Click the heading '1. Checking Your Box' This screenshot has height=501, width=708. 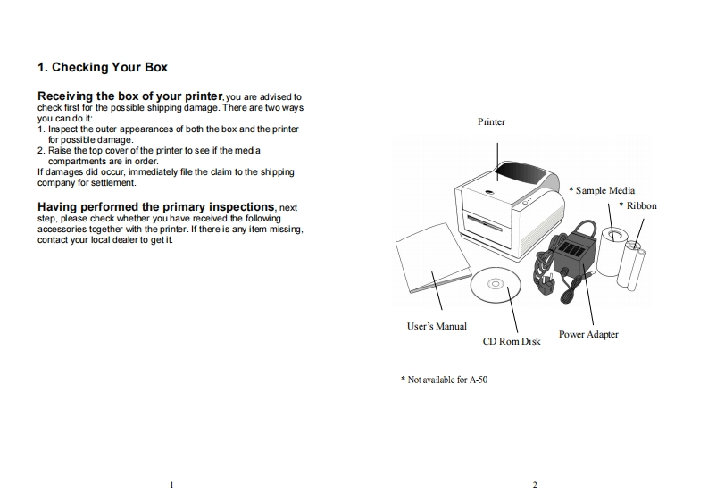103,67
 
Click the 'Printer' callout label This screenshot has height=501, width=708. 491,122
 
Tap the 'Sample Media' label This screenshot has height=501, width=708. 605,190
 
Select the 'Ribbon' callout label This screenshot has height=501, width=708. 641,206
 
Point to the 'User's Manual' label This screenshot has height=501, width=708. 437,326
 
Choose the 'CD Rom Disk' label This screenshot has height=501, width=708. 512,341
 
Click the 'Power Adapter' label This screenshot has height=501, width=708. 588,334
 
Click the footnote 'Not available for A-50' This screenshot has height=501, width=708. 447,380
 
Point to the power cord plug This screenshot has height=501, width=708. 546,284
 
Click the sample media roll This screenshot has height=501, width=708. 612,252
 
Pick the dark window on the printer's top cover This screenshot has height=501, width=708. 520,172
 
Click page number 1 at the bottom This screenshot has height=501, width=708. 171,485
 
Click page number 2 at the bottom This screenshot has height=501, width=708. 535,485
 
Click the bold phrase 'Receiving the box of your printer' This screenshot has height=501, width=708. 130,96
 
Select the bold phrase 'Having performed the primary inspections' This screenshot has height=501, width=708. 155,207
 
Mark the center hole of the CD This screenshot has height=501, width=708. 496,284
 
